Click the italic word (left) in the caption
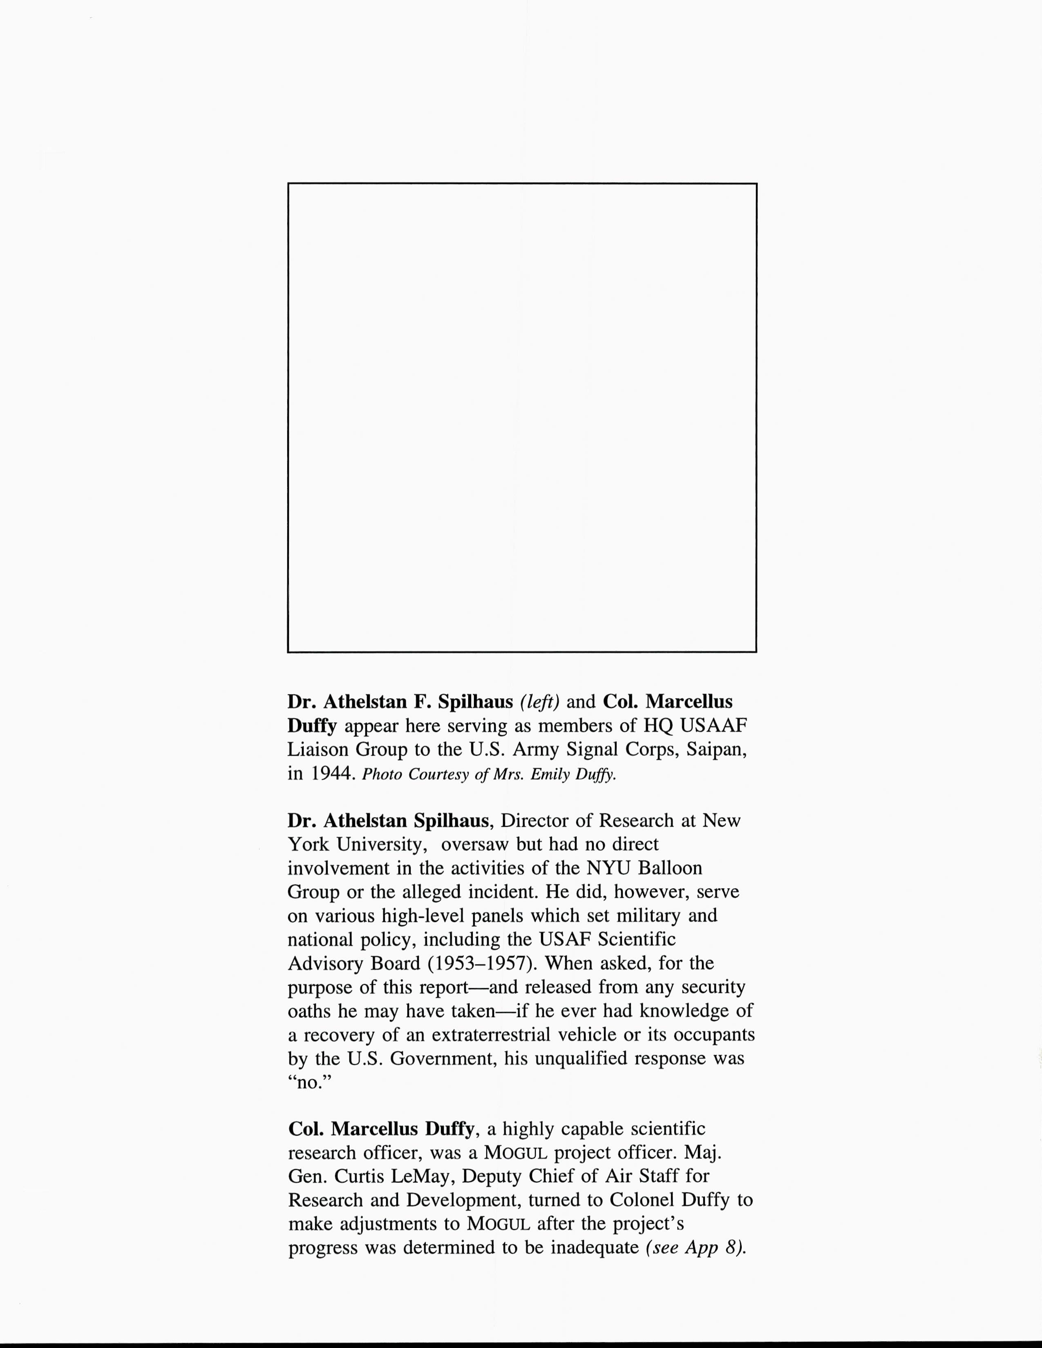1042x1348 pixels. [539, 702]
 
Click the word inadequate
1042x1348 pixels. [595, 1248]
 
